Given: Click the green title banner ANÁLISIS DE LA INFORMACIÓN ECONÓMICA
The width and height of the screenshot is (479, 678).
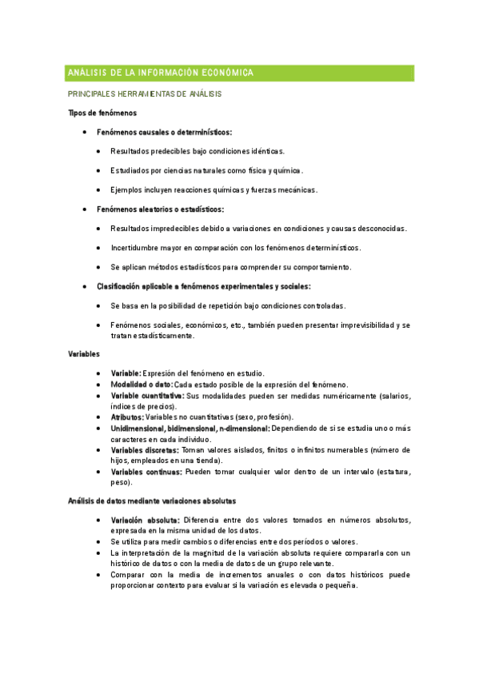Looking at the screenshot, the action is pyautogui.click(x=240, y=73).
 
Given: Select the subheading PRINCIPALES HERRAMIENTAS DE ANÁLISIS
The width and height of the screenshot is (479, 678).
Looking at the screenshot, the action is pyautogui.click(x=145, y=94).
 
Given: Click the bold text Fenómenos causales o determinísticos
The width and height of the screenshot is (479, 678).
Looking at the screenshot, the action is pyautogui.click(x=164, y=132).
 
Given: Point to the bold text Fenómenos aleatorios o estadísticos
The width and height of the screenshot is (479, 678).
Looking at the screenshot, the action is pyautogui.click(x=160, y=209).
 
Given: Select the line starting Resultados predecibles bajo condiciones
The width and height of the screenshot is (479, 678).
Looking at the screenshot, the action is pyautogui.click(x=198, y=151).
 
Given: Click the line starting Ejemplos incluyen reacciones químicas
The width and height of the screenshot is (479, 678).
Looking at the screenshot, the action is pyautogui.click(x=214, y=189).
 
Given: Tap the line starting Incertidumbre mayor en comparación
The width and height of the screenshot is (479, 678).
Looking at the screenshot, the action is pyautogui.click(x=236, y=247).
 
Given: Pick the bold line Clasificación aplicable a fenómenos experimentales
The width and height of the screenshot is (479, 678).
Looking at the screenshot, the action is pyautogui.click(x=204, y=285).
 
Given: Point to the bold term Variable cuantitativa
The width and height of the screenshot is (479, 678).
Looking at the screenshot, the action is pyautogui.click(x=147, y=396).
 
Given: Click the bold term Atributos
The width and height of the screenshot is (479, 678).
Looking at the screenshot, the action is pyautogui.click(x=127, y=417).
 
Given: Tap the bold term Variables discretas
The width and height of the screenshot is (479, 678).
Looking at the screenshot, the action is pyautogui.click(x=145, y=450).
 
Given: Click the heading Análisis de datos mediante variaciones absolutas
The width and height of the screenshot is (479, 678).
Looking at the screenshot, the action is pyautogui.click(x=152, y=501).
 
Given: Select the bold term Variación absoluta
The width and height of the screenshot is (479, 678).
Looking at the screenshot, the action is pyautogui.click(x=145, y=520).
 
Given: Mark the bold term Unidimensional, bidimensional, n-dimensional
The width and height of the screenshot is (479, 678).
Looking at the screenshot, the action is pyautogui.click(x=190, y=429).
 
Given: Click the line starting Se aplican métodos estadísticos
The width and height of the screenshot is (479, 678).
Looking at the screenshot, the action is pyautogui.click(x=231, y=266).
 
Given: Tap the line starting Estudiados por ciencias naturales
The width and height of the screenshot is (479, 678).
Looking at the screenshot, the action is pyautogui.click(x=206, y=170).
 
